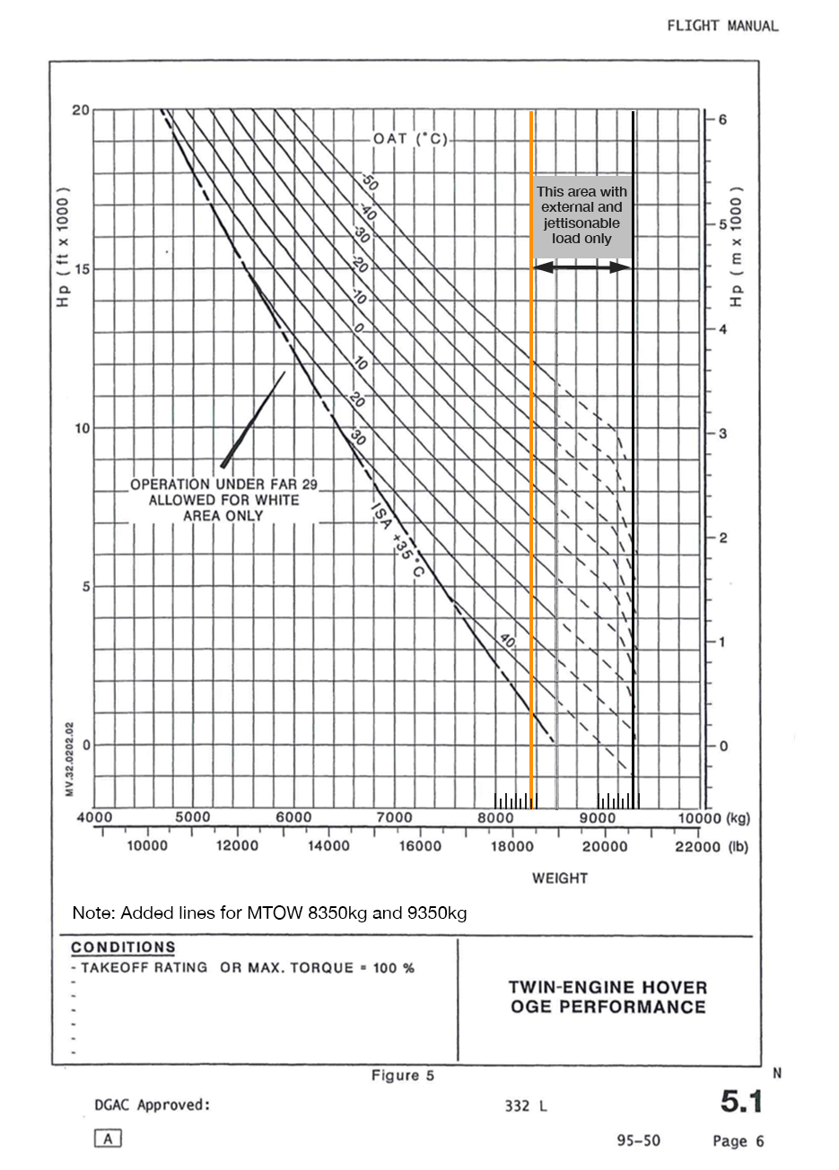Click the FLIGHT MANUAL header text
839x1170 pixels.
tap(722, 26)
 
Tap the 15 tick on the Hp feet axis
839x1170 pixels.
tap(81, 269)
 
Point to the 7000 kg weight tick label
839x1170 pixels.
tap(394, 817)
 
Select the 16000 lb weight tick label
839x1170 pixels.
tap(420, 846)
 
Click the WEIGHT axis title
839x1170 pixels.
tap(559, 877)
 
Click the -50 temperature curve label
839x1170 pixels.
tap(370, 181)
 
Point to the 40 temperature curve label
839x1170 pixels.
tap(507, 642)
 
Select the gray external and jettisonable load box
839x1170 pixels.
tap(582, 215)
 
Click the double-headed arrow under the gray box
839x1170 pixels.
tap(582, 267)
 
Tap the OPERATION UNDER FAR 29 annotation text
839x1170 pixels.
tap(223, 500)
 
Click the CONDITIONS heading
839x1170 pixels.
tap(123, 947)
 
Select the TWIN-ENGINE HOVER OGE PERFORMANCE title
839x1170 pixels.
tap(607, 997)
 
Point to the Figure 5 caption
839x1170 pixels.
tap(403, 1075)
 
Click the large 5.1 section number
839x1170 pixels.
tap(741, 1102)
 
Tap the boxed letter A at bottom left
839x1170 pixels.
tap(108, 1139)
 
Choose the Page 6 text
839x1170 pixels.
tap(738, 1141)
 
